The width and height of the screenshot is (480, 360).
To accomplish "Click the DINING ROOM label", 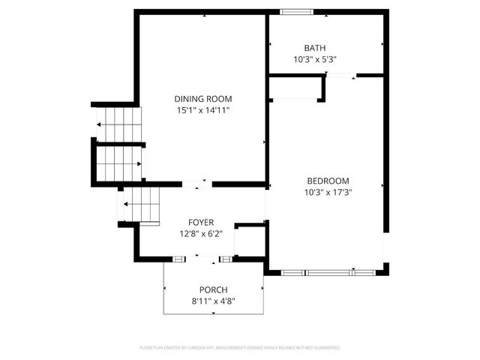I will click(202, 98).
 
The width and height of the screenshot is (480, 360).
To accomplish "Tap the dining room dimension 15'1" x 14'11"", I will click(202, 110).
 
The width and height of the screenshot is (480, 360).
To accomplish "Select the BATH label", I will click(314, 48).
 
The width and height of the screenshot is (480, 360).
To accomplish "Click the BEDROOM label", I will click(328, 180).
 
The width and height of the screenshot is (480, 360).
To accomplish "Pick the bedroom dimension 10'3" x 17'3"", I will click(328, 192).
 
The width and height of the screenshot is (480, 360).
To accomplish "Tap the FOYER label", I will click(201, 222).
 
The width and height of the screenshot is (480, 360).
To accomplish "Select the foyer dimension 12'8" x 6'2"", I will click(201, 233).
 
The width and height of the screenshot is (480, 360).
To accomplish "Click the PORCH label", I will click(213, 290).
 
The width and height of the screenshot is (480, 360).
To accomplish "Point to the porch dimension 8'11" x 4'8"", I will click(213, 301).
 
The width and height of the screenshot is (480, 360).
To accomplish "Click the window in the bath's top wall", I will click(296, 11).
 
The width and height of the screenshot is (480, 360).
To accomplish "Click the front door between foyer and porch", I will click(202, 259).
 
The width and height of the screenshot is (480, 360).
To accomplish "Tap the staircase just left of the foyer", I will click(142, 204).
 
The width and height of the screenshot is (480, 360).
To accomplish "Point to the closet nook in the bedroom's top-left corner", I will click(295, 87).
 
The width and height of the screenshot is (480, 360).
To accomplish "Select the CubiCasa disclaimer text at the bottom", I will click(240, 348).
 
